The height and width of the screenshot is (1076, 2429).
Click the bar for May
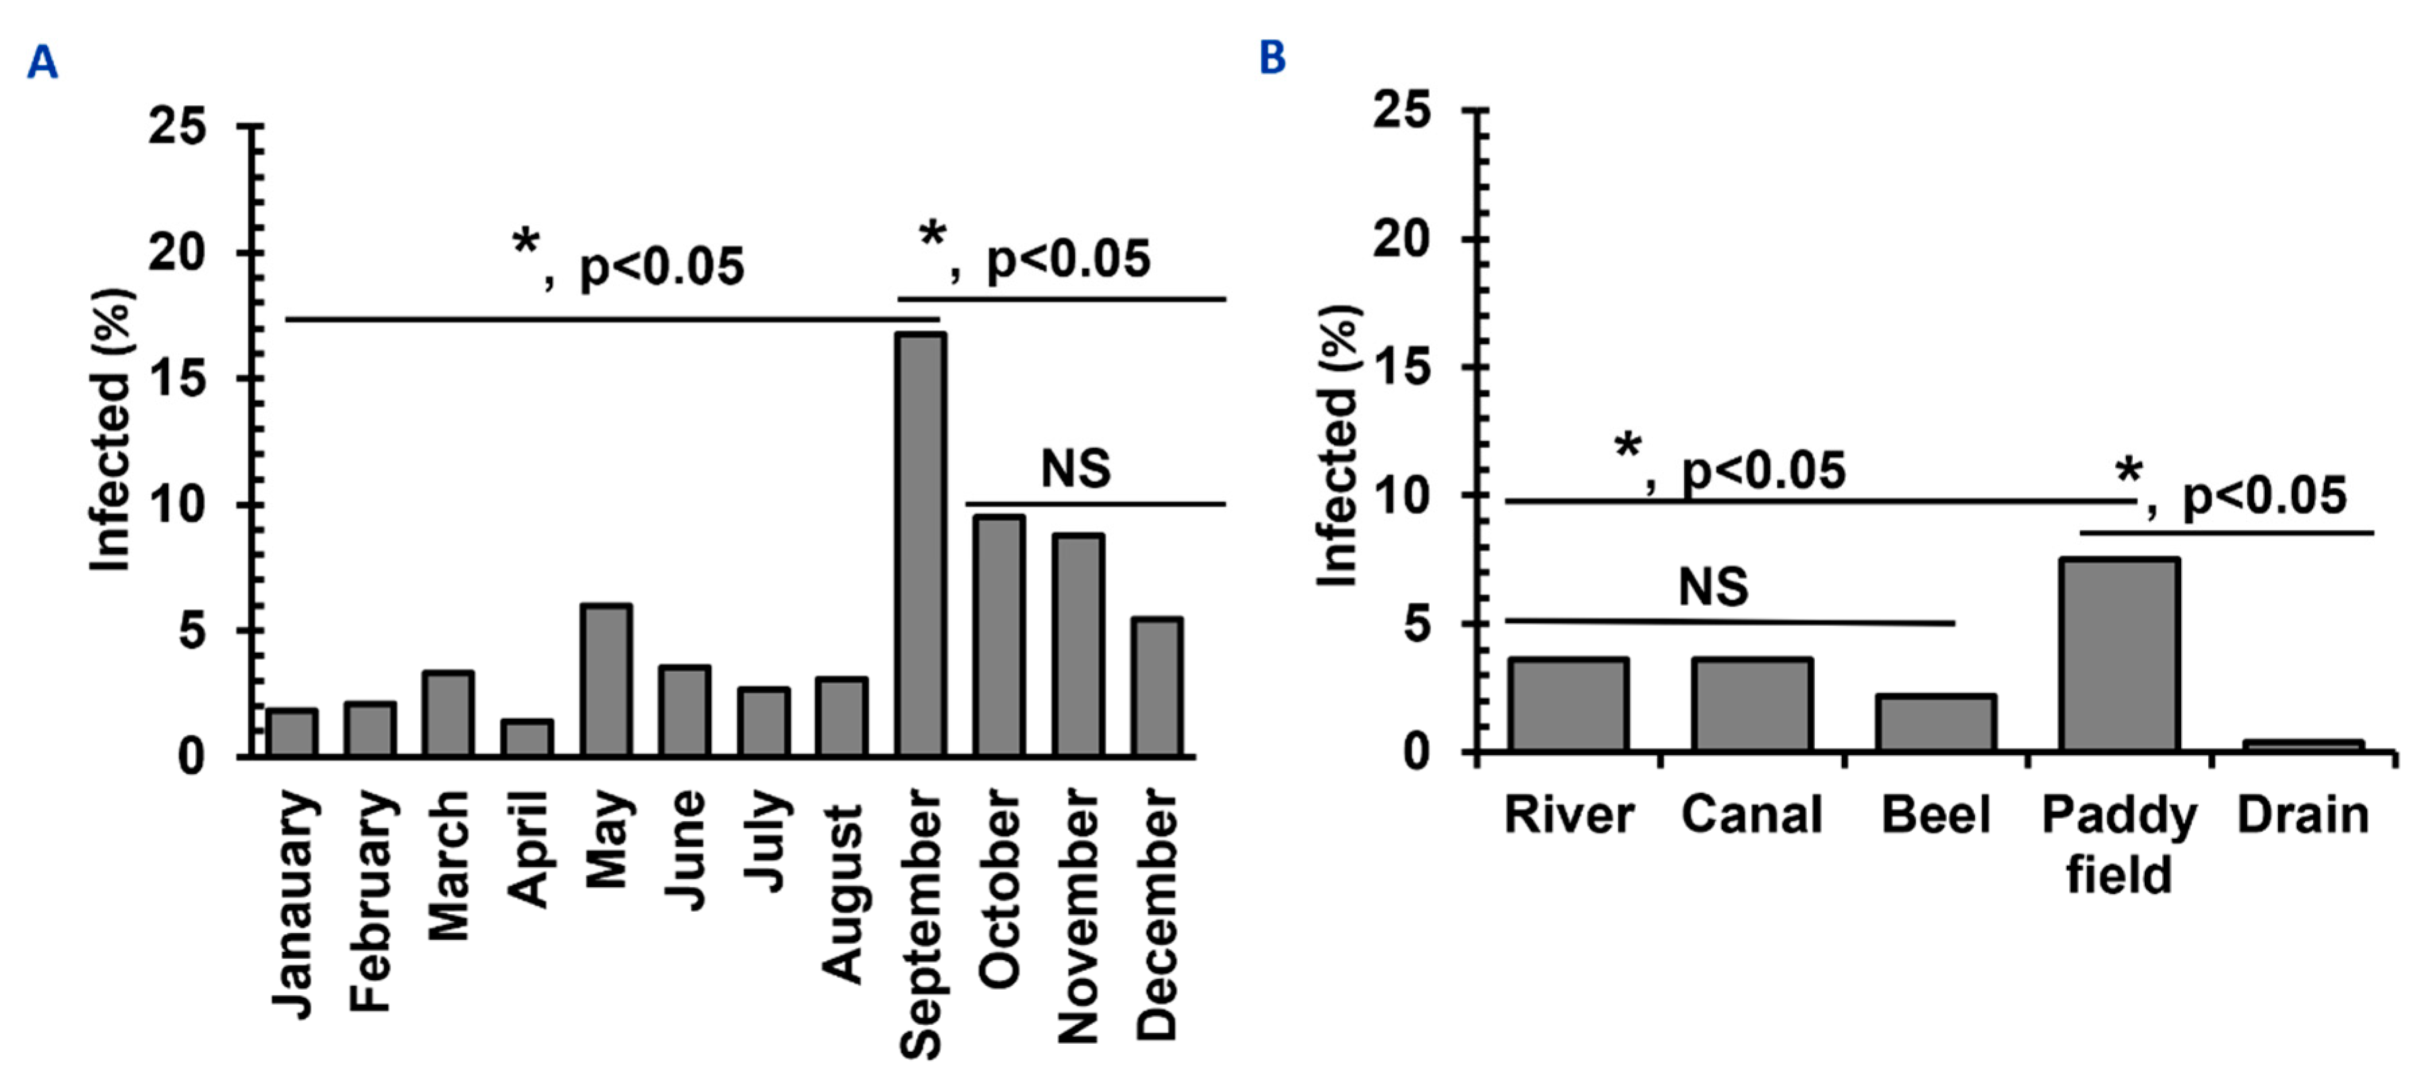click(x=606, y=680)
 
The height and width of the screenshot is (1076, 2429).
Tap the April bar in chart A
click(x=527, y=738)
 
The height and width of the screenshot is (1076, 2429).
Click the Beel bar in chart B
click(x=1935, y=724)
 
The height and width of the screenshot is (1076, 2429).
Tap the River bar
click(x=1569, y=705)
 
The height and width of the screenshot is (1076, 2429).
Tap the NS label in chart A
click(x=1075, y=469)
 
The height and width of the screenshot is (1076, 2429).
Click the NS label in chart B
click(x=1712, y=588)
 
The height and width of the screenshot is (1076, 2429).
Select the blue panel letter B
click(x=1272, y=57)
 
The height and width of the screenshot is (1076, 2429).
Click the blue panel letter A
click(x=42, y=63)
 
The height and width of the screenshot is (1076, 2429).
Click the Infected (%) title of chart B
click(x=1337, y=446)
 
